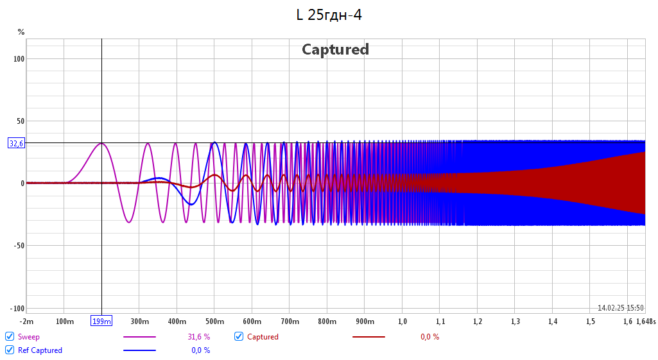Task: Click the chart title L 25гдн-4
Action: tap(329, 15)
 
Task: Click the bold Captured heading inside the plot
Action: tap(335, 49)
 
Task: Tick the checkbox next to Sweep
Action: tap(10, 336)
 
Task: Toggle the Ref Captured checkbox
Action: tap(10, 350)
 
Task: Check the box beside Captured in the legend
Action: tap(239, 336)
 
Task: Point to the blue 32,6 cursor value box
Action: tap(16, 143)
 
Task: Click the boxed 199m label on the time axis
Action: tap(101, 321)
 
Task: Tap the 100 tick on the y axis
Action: tap(18, 59)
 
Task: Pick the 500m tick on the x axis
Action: tap(214, 321)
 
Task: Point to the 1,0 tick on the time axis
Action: tap(403, 321)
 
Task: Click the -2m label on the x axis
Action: tap(26, 321)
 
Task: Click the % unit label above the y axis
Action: tap(21, 31)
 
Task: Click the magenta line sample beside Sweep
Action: tap(139, 336)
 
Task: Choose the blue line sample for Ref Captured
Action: tap(139, 350)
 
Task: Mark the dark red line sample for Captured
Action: tap(368, 336)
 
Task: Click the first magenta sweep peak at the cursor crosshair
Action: tap(101, 143)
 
